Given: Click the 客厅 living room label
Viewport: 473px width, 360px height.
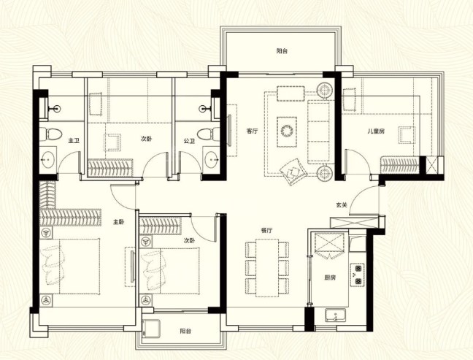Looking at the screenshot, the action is click(252, 131).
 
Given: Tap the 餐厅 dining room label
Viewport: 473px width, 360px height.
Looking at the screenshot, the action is click(266, 231).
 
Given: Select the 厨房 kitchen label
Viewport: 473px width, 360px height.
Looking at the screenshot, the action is click(330, 277).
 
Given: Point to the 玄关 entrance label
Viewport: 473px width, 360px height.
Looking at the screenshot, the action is click(342, 205).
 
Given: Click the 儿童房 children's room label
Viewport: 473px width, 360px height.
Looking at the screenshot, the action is click(376, 131).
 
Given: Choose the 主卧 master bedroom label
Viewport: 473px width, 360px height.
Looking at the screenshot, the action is click(118, 222).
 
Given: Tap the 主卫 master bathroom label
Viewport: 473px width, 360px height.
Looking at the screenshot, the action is click(73, 141).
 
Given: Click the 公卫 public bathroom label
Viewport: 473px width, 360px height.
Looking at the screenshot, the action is click(189, 141).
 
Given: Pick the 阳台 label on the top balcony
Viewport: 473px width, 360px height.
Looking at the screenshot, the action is click(282, 51).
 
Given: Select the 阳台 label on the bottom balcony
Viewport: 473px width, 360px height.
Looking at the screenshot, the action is click(185, 331).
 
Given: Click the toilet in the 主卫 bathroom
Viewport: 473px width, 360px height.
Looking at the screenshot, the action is click(50, 134).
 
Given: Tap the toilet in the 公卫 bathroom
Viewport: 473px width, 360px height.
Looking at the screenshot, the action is click(209, 133).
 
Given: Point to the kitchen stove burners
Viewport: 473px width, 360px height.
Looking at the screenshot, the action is click(358, 275).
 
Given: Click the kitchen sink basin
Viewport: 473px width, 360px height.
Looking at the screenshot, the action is click(336, 315).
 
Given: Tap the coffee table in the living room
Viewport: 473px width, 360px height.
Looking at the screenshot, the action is click(287, 131).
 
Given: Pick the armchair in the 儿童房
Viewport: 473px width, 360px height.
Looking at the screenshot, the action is click(407, 135).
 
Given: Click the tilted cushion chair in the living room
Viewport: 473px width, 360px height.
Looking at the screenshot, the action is click(293, 172).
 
